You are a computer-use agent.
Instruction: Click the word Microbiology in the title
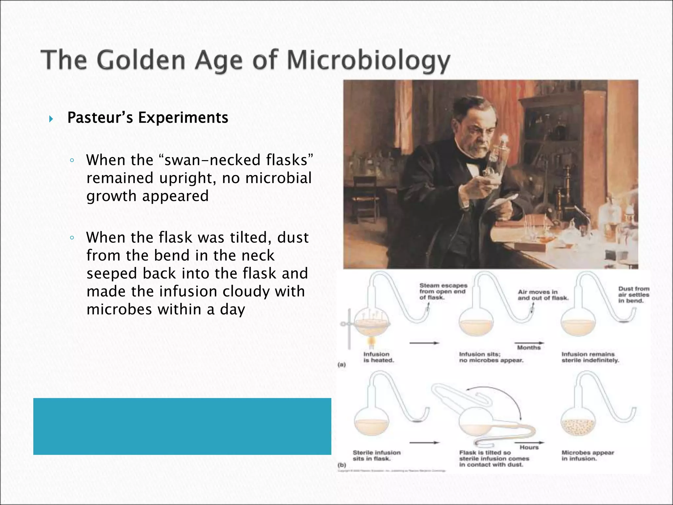(368, 61)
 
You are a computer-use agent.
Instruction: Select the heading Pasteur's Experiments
(148, 118)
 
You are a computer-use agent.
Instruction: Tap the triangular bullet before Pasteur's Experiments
(51, 119)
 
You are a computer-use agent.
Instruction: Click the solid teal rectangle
(182, 426)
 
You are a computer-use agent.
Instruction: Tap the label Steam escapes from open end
(443, 291)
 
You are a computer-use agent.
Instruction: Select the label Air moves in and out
(543, 295)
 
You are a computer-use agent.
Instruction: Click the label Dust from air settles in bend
(634, 295)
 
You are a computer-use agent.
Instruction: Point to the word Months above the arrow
(528, 348)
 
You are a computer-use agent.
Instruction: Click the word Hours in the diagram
(529, 447)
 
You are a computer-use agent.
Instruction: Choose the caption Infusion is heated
(378, 357)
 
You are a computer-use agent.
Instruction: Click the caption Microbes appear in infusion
(588, 455)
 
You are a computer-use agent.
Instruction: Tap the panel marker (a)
(342, 365)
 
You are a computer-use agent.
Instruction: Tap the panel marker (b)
(342, 465)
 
